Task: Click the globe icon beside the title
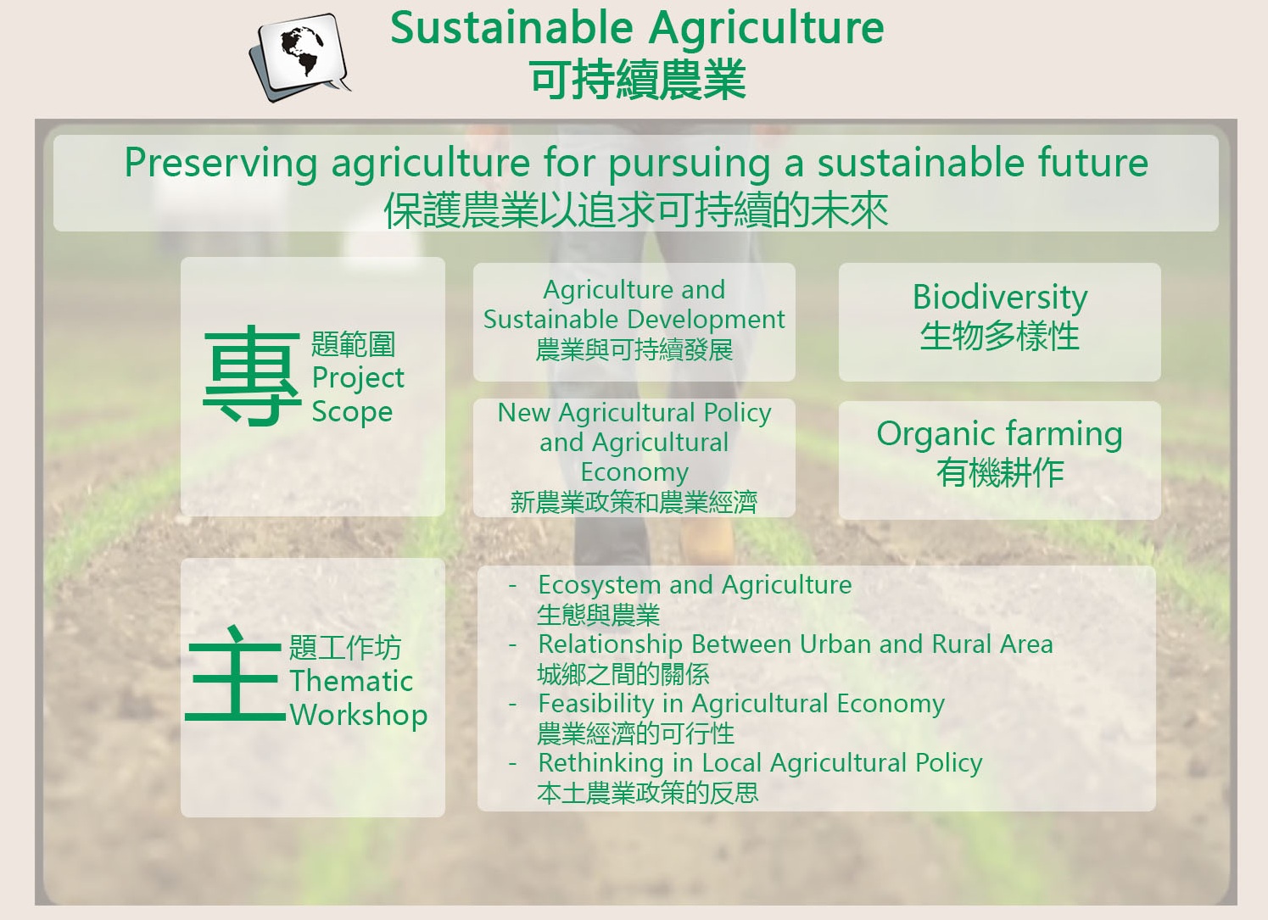(300, 57)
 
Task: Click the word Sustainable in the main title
(511, 28)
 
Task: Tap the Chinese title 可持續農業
(638, 80)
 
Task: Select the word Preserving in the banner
(221, 164)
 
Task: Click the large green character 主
(236, 673)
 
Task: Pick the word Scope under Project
(352, 412)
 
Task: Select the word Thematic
(351, 681)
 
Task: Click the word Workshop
(358, 715)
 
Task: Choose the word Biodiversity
(1000, 298)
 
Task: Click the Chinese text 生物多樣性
(1000, 336)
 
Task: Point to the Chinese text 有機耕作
(1000, 473)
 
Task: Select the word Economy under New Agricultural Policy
(634, 472)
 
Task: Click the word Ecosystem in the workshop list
(600, 586)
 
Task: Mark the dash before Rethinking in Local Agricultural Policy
(513, 764)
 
